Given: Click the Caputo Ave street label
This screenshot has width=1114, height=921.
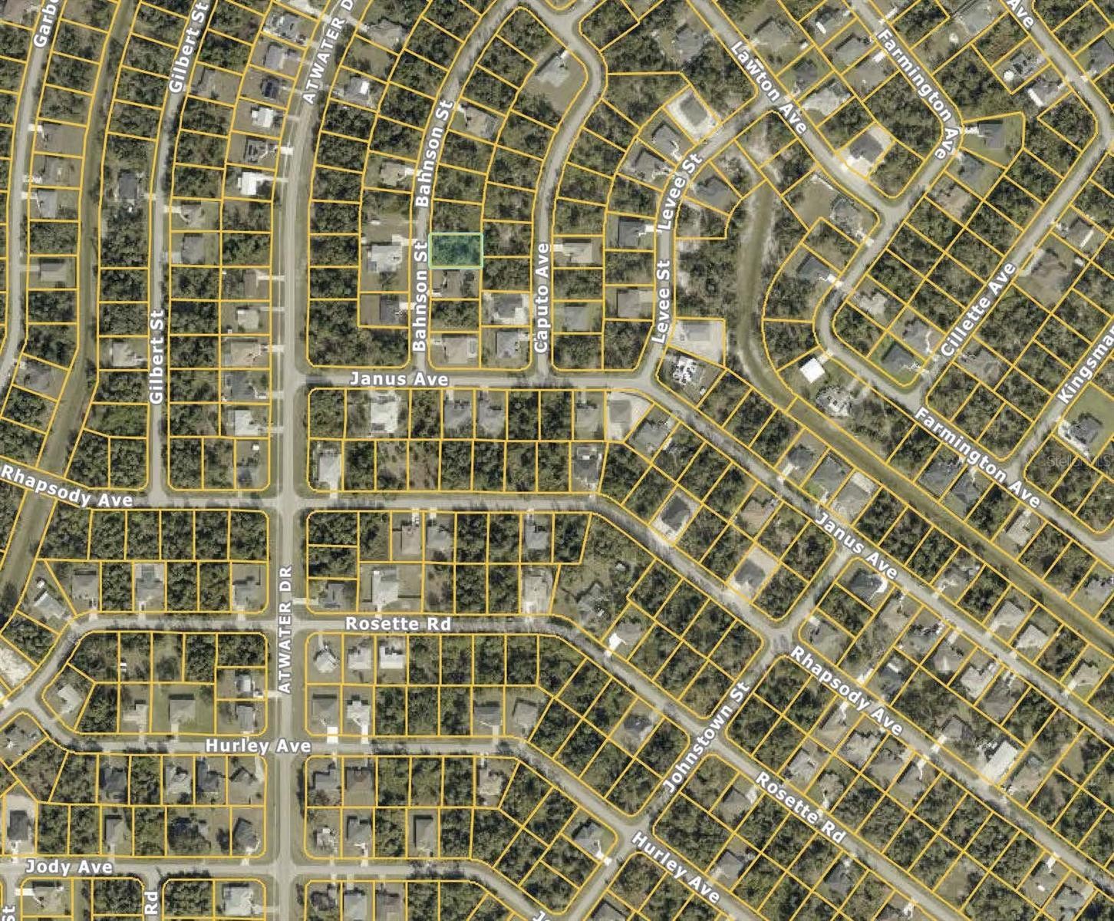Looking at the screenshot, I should pyautogui.click(x=542, y=298).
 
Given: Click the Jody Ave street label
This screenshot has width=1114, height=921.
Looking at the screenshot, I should pyautogui.click(x=69, y=867).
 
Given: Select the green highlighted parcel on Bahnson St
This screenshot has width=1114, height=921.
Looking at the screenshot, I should pyautogui.click(x=456, y=250).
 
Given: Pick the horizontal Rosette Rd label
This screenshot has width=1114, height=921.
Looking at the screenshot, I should pyautogui.click(x=397, y=624).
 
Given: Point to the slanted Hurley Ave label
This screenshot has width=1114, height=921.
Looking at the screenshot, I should pyautogui.click(x=675, y=867).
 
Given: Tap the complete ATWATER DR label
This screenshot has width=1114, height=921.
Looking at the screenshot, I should pyautogui.click(x=285, y=631).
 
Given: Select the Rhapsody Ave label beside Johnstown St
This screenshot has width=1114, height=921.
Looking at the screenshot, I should pyautogui.click(x=845, y=691).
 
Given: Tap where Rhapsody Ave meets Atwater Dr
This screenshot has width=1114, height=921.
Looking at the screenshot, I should pyautogui.click(x=287, y=501).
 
